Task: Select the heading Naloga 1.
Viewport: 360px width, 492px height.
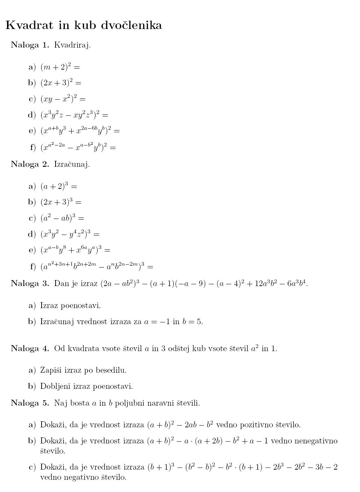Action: click(x=30, y=45)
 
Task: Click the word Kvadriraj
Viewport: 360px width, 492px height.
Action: click(x=72, y=45)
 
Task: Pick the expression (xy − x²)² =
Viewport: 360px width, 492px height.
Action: click(x=63, y=99)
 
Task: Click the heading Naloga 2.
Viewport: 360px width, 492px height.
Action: click(x=30, y=164)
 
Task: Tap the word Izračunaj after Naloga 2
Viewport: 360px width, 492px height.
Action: click(x=72, y=164)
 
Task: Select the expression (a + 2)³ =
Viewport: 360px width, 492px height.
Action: click(x=59, y=186)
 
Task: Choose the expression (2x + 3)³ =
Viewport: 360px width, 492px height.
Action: click(x=61, y=202)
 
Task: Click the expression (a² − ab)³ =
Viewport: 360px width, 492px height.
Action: click(x=62, y=218)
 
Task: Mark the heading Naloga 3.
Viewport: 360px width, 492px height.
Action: click(x=30, y=283)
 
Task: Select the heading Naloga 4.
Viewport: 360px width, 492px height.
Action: click(x=30, y=348)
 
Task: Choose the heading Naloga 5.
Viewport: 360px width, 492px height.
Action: click(x=30, y=403)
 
